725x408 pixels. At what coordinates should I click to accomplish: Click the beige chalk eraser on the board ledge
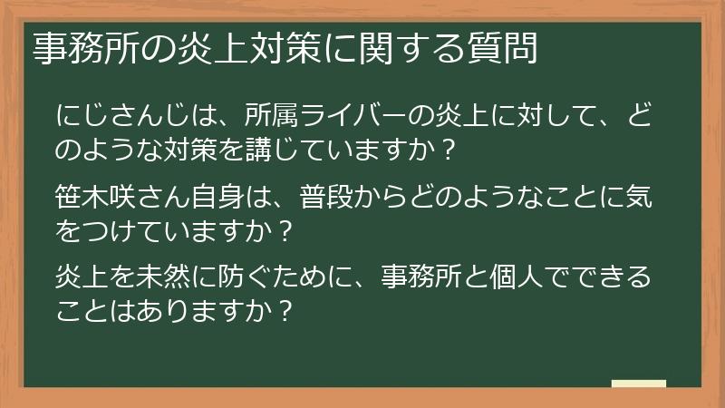(639, 384)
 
